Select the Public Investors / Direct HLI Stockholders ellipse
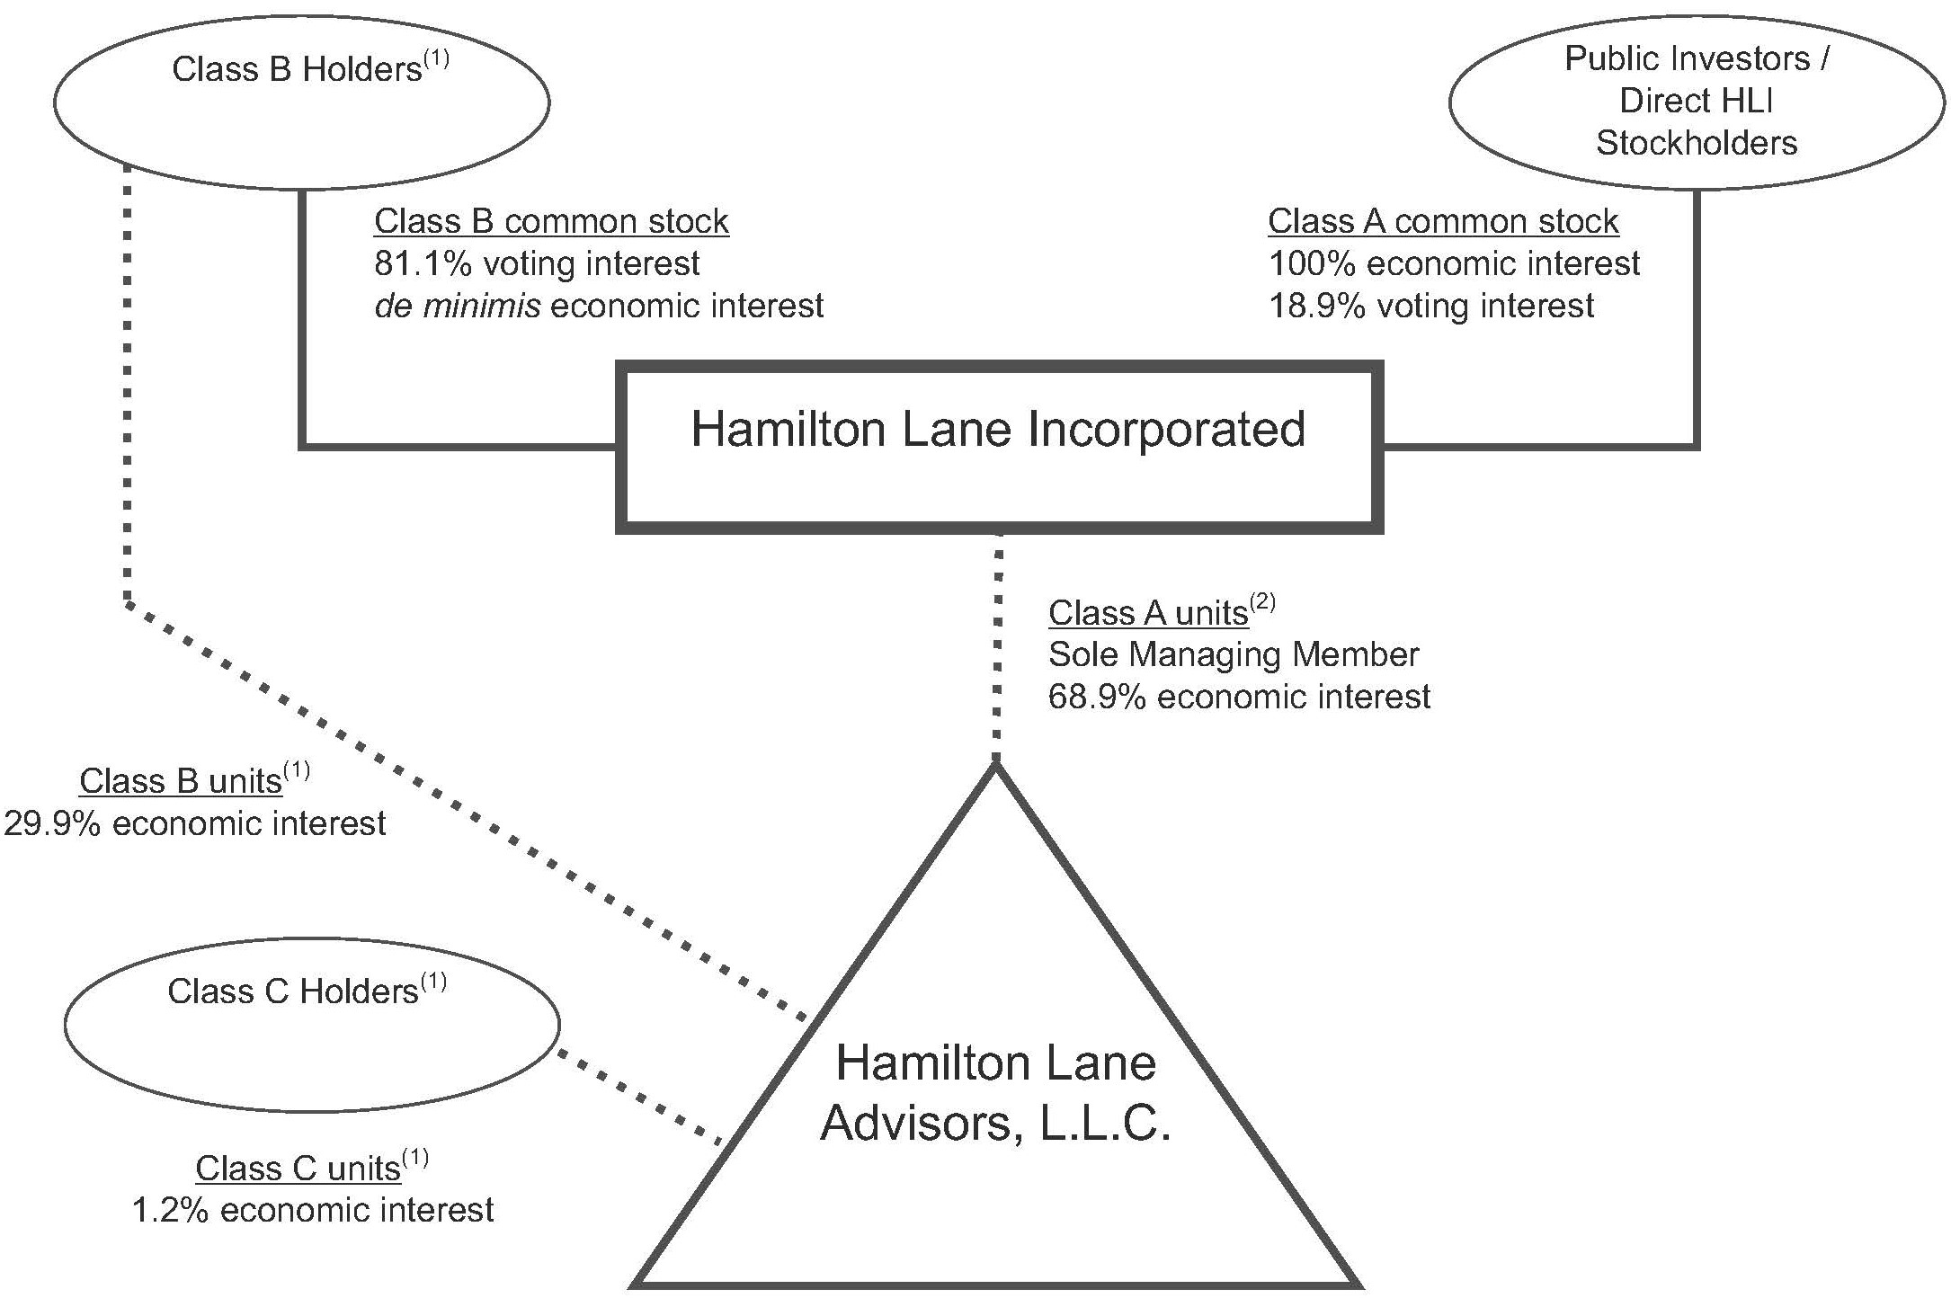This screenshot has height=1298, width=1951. [x=1696, y=102]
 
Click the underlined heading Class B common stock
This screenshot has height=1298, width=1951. [x=550, y=221]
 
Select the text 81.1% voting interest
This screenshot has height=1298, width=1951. [x=536, y=263]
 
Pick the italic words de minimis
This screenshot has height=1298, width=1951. [x=457, y=307]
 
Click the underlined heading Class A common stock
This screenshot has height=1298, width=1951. [x=1442, y=221]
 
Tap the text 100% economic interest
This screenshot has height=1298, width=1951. [x=1453, y=263]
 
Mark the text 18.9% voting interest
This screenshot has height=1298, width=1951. [x=1430, y=307]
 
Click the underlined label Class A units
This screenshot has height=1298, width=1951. [x=1147, y=613]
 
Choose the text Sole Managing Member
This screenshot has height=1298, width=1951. [x=1233, y=654]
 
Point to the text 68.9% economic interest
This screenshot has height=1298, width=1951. [x=1238, y=697]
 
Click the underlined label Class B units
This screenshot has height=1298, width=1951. [x=181, y=781]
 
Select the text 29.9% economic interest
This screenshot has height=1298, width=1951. [x=194, y=823]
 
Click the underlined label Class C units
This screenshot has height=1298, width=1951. [x=298, y=1169]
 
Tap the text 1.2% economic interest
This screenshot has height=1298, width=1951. [x=312, y=1211]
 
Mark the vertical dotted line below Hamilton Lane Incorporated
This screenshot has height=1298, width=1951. [x=996, y=647]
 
